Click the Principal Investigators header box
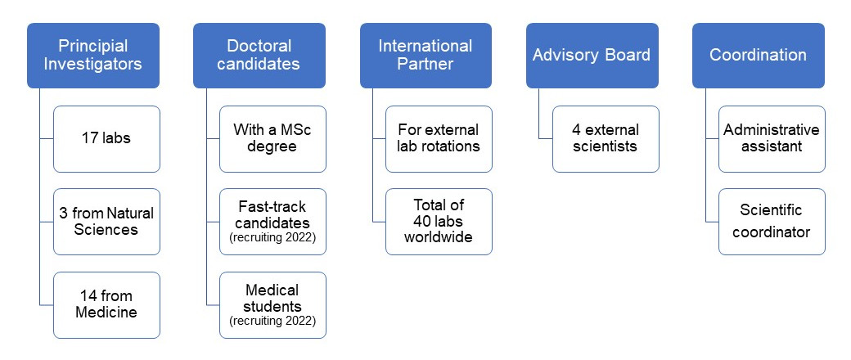coord(93,56)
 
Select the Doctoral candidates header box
coord(259,56)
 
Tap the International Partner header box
coord(425,56)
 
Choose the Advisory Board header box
coord(592,56)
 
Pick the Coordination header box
coord(759,56)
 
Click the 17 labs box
coord(106,139)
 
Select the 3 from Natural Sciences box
coord(106,222)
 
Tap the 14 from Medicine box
coord(106,305)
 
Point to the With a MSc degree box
coord(272,139)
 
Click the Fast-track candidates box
coord(272,222)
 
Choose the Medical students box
coord(272,305)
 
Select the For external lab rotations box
coord(439,139)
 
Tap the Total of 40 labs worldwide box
coord(439,222)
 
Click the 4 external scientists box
coord(606,139)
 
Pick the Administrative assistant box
coord(772,139)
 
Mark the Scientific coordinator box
coord(772,222)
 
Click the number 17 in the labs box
coord(90,138)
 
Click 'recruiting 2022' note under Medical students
coord(272,321)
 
